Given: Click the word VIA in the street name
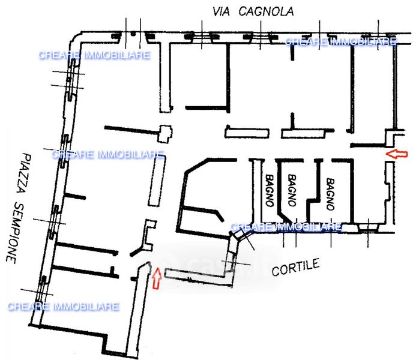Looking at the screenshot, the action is pos(221,12).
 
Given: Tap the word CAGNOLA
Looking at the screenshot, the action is pos(266,11).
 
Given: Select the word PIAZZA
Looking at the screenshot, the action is pos(23,173).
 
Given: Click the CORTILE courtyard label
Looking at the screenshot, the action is pos(295,267).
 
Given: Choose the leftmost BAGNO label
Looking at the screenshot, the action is pos(270,190).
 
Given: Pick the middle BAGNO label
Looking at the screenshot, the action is pos(292,190).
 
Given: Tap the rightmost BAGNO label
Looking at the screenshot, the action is pos(331,194).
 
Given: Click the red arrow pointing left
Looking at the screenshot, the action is pos(397,154).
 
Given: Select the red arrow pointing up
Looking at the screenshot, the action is pos(157,278).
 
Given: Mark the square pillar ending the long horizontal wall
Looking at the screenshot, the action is pos(165,133).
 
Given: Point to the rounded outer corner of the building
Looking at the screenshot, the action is pos(76,37).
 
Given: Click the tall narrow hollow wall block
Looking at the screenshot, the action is pos(157,181).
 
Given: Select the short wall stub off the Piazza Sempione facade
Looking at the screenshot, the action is pos(74,197).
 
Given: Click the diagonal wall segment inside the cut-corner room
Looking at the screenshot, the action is pos(220,216).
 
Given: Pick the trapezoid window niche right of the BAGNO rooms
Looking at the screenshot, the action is pos(368,227).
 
